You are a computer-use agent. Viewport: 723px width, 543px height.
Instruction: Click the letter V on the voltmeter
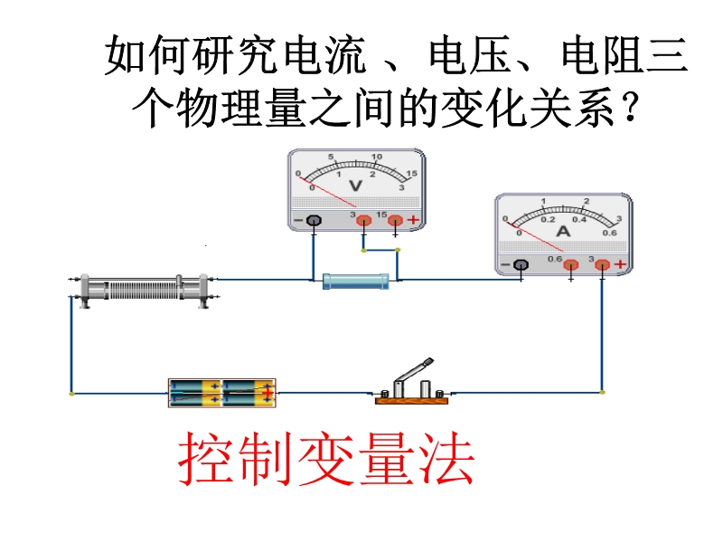[355, 186]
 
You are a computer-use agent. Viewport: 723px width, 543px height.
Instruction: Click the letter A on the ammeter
[563, 231]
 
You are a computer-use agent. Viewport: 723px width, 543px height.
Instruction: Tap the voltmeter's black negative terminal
[314, 220]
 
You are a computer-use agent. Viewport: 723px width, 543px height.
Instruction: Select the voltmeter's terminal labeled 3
[364, 220]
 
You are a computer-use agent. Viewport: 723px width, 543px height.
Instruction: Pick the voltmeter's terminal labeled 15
[395, 220]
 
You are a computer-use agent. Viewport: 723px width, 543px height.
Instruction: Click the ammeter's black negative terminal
[521, 264]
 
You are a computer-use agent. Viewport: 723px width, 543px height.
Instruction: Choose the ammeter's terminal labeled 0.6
[571, 265]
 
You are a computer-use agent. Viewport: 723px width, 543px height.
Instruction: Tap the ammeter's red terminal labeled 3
[602, 264]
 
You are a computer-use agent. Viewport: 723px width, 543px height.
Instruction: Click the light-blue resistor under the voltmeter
[355, 281]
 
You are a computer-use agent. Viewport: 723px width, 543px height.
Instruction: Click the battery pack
[221, 393]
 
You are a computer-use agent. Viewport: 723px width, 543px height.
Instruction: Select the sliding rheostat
[144, 291]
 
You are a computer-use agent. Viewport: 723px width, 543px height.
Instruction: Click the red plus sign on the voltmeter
[413, 220]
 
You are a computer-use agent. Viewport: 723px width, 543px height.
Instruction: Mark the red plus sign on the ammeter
[620, 264]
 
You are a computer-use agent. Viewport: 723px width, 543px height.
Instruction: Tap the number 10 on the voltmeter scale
[377, 157]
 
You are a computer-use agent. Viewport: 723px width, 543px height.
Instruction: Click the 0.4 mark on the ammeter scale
[579, 219]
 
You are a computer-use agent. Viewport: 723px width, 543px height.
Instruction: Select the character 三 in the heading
[667, 55]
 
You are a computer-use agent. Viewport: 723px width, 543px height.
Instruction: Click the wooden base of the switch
[412, 400]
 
